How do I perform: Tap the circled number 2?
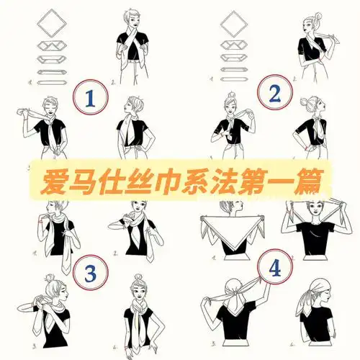(273, 95)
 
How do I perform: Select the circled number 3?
(91, 272)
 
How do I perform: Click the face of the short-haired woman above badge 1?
(132, 19)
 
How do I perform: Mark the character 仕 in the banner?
(110, 178)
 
